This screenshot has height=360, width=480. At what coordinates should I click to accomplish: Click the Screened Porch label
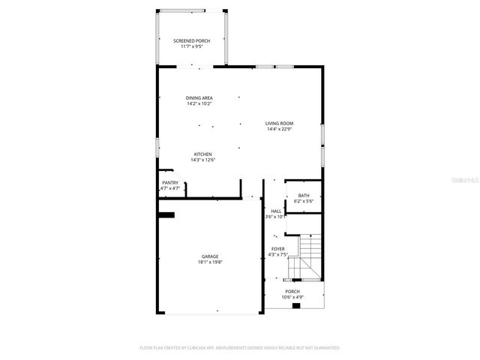tap(192, 40)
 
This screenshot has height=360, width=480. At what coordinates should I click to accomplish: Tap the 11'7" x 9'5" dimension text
tap(192, 46)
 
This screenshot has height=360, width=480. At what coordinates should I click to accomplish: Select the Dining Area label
tap(199, 97)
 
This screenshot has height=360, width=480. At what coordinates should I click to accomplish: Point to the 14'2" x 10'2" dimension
tap(199, 104)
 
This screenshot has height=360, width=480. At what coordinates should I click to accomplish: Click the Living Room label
tap(279, 123)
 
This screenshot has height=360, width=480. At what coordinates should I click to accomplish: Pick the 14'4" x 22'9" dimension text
tap(279, 130)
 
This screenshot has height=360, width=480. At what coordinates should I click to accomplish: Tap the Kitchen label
tap(203, 154)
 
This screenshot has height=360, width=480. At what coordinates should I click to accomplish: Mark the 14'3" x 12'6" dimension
tap(203, 160)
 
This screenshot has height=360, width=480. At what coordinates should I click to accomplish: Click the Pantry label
tap(170, 182)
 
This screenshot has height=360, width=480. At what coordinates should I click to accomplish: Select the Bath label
tap(303, 195)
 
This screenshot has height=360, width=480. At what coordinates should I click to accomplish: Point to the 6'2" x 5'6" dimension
tap(303, 202)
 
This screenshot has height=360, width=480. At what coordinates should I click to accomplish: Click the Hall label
tap(277, 211)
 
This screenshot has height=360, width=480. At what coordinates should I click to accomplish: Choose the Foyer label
tap(277, 248)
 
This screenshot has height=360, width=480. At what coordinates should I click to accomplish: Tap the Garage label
tap(210, 256)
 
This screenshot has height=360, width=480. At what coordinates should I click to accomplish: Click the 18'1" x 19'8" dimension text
tap(210, 262)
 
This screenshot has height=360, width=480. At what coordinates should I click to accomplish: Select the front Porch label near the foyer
tap(292, 291)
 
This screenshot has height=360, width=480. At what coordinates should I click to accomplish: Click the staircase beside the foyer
tap(310, 256)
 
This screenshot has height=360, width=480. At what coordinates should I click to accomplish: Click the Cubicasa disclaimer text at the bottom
tap(240, 348)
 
